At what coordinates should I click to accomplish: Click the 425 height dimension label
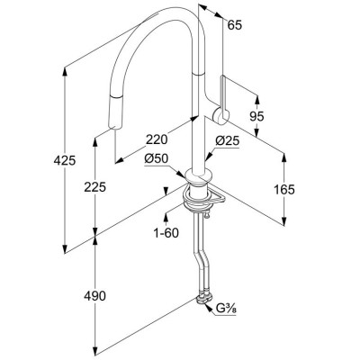click(65, 161)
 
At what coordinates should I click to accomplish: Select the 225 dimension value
click(94, 187)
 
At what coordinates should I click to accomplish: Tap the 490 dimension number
click(94, 296)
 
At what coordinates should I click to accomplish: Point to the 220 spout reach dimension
click(157, 139)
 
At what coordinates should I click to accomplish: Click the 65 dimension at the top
click(234, 25)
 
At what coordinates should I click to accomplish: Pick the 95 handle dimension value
click(256, 116)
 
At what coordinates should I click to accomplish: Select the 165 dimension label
click(284, 189)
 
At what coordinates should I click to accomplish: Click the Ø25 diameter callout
click(228, 140)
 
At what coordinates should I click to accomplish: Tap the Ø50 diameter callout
click(157, 159)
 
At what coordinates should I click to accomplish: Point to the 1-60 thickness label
click(166, 233)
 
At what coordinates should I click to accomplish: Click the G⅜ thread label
click(226, 309)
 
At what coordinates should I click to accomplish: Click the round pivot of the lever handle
click(221, 116)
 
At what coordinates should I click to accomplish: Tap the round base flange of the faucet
click(199, 176)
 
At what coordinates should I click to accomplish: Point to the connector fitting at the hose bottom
click(203, 298)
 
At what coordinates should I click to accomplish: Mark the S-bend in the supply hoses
click(200, 258)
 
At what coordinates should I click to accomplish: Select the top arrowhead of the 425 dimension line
click(65, 71)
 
